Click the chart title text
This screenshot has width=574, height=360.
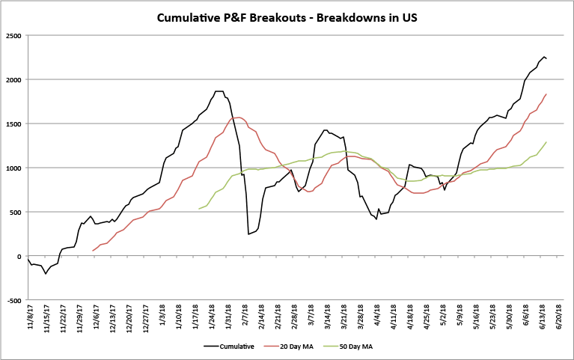click(x=287, y=16)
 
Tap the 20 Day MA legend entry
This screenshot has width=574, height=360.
click(x=295, y=346)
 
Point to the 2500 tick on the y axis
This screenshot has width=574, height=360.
click(x=13, y=35)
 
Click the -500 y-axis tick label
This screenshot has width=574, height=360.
click(x=13, y=301)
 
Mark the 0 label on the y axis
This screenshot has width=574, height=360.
click(x=19, y=257)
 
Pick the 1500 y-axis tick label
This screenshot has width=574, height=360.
click(x=13, y=123)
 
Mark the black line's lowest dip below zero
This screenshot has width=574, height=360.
click(x=46, y=274)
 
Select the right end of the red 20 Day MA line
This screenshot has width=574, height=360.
click(x=546, y=94)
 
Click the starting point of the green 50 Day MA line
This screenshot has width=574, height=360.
click(x=199, y=209)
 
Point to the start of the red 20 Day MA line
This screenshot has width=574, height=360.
click(x=93, y=251)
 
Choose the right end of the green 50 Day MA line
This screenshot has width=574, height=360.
click(x=546, y=142)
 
